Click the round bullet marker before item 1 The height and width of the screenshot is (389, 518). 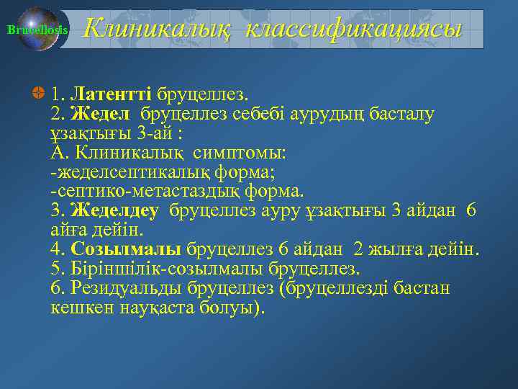coord(39,94)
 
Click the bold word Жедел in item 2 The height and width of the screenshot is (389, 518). coord(100,114)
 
